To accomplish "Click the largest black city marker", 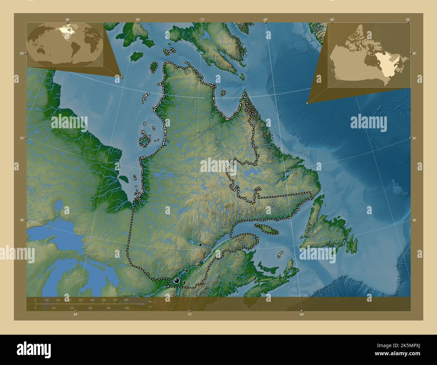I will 176,280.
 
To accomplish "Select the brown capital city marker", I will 198,265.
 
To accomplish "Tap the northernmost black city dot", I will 200,245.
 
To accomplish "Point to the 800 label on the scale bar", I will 126,300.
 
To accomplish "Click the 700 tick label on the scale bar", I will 115,300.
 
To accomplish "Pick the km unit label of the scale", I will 150,301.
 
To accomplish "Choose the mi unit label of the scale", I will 150,307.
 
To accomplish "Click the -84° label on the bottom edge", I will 75,314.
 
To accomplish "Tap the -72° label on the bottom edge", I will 189,314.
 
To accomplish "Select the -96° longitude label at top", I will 67,20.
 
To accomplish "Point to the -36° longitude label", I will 408,20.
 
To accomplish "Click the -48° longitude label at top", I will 332,20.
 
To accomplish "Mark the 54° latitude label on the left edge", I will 22,138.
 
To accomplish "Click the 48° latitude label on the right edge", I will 414,220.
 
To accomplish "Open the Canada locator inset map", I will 369,56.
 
